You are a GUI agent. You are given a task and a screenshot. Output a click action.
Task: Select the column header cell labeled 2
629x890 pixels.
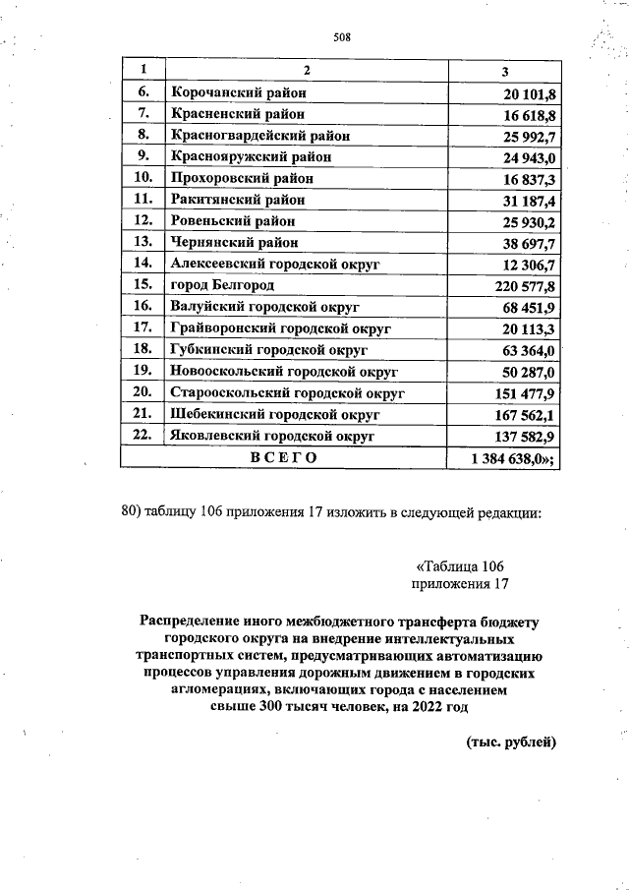point(306,71)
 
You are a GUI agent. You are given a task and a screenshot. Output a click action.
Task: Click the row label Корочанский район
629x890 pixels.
point(239,92)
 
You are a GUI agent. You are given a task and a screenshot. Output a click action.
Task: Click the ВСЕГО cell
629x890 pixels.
point(283,457)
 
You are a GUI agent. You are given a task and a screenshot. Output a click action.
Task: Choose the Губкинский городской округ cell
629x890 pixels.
point(268,349)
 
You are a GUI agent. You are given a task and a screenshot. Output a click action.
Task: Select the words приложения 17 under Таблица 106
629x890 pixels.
point(460,585)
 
